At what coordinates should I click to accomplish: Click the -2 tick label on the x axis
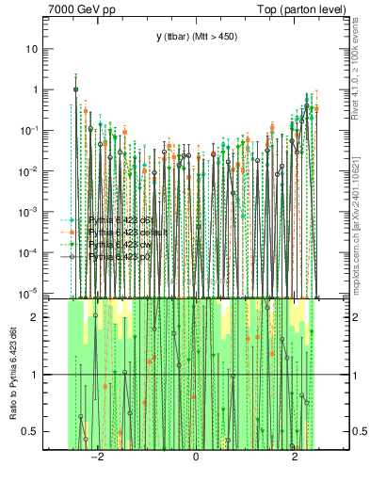[95, 458]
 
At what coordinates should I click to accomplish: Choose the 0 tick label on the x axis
[196, 458]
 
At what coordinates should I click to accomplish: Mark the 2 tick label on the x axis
[295, 458]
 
